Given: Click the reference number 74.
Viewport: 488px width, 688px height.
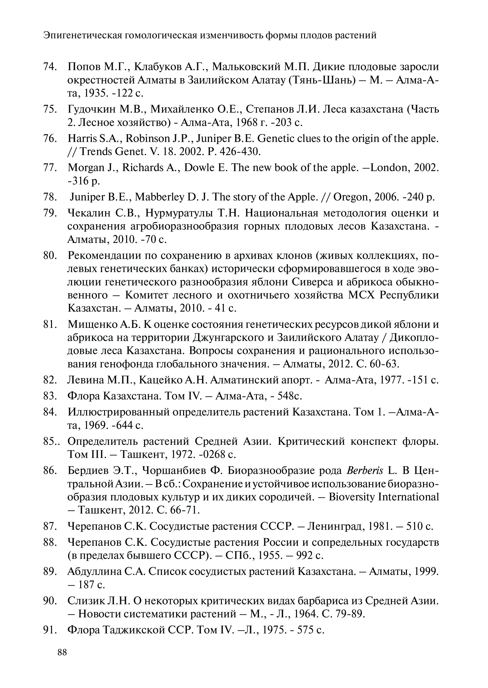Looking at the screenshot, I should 50,66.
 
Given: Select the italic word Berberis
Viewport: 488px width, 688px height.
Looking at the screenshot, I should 365,471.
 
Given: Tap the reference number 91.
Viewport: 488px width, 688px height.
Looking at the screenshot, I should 50,630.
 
